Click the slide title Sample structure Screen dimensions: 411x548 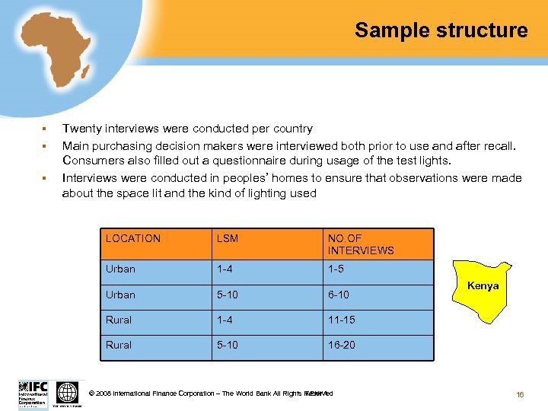[x=441, y=30]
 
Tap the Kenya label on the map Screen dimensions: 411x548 [x=483, y=286]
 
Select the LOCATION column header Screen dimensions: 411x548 [x=133, y=238]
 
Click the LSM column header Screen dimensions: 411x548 [x=228, y=238]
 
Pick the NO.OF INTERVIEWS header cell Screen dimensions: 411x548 [x=361, y=244]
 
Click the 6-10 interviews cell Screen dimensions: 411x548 [x=339, y=295]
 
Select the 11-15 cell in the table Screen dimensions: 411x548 [x=341, y=320]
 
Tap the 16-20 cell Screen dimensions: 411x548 [x=341, y=345]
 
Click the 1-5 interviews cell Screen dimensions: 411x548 [x=336, y=269]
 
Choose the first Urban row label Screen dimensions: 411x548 [x=120, y=269]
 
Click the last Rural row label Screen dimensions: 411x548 [x=119, y=345]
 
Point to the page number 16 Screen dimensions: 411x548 [x=521, y=394]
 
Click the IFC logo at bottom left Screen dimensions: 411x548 [x=33, y=393]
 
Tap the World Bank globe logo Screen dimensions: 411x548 [x=68, y=393]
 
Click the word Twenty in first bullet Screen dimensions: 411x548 [x=81, y=129]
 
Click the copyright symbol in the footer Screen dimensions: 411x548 [x=91, y=393]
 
